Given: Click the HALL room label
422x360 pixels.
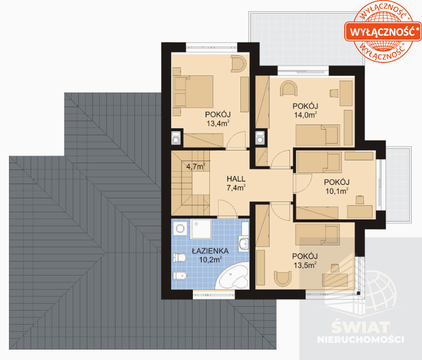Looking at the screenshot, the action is tap(236, 178).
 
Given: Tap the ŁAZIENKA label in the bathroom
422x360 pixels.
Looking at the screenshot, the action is tap(210, 251).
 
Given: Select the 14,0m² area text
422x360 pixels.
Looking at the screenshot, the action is tap(306, 115).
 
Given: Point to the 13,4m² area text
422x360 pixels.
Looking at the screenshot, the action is tap(218, 123).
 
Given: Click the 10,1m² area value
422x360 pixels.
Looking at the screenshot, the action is tap(337, 191).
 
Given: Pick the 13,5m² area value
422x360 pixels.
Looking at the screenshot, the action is tap(305, 265).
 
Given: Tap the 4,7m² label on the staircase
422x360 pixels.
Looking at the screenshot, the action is tap(196, 167).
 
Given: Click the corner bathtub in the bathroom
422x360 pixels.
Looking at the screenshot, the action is tap(233, 277).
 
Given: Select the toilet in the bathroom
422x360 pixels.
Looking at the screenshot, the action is tap(180, 258).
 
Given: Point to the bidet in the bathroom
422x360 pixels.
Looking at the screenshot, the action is tap(180, 276).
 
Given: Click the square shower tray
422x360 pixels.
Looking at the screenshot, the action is tap(201, 229).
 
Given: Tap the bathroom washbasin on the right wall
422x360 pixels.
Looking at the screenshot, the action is tap(244, 243).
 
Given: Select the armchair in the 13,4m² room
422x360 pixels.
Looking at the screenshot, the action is tap(238, 64).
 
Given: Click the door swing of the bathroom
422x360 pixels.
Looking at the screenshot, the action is tap(227, 209).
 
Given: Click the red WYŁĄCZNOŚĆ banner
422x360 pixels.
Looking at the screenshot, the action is tap(383, 32).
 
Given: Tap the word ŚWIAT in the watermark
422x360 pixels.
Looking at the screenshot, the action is tap(361, 327).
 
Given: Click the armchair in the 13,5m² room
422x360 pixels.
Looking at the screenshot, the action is tap(282, 278).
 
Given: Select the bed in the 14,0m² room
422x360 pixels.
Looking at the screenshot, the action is tap(318, 135).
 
